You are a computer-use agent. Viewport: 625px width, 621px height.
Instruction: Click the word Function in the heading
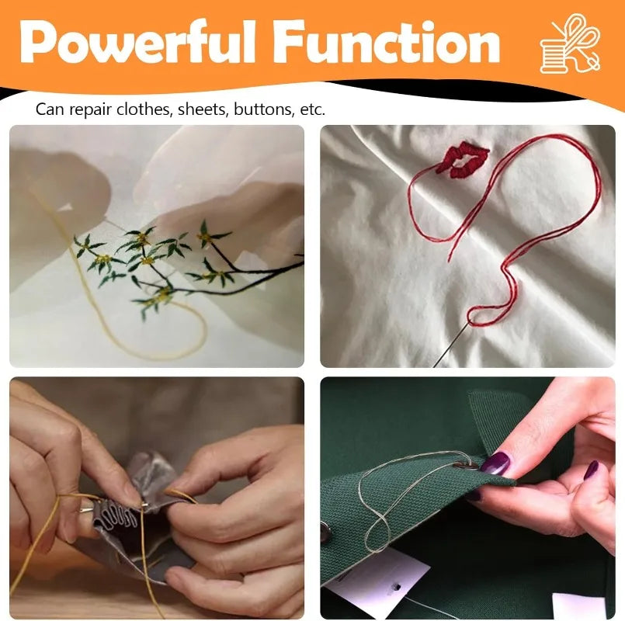(386, 43)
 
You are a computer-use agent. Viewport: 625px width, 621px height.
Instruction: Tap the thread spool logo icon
(570, 43)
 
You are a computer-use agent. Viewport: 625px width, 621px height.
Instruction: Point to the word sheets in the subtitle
(203, 109)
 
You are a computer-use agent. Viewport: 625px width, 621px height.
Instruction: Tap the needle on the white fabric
(453, 344)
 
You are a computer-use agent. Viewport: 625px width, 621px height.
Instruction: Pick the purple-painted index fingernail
(495, 463)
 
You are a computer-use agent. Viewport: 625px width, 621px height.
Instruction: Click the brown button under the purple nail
(468, 465)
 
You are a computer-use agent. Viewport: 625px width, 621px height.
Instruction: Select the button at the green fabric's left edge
(325, 532)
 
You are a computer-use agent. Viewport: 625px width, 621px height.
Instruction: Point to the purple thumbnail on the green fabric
(591, 470)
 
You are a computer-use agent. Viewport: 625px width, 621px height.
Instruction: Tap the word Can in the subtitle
(50, 109)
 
